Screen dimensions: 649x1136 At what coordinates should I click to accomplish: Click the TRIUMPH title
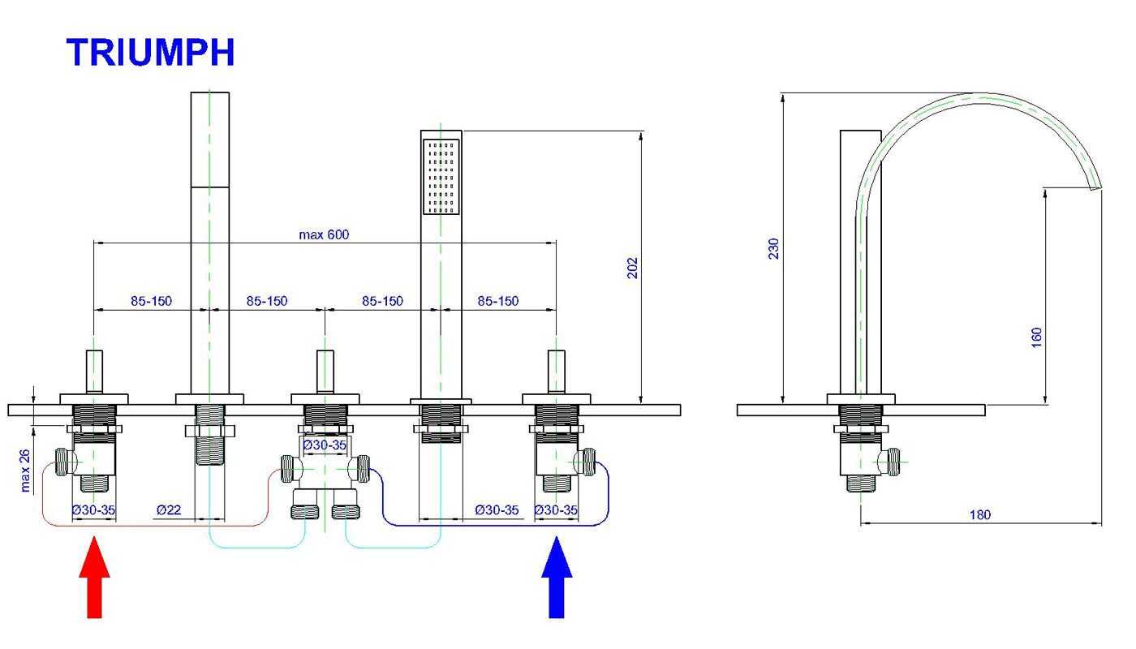click(x=151, y=53)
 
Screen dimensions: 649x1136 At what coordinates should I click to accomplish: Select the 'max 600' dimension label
click(x=325, y=234)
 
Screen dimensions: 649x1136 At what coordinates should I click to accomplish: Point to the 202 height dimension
click(x=633, y=267)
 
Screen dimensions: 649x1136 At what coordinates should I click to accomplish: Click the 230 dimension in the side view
click(x=773, y=248)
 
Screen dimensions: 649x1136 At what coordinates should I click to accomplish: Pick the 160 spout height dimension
click(x=1036, y=336)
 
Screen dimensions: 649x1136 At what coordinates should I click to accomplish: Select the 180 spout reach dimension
click(x=979, y=514)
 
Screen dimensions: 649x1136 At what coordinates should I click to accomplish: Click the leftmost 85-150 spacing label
click(x=152, y=301)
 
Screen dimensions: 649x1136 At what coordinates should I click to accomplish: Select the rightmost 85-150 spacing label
click(x=497, y=301)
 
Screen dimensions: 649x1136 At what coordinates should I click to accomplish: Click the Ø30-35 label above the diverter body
click(x=325, y=445)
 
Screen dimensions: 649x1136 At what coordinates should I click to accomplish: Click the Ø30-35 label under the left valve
click(x=93, y=510)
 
